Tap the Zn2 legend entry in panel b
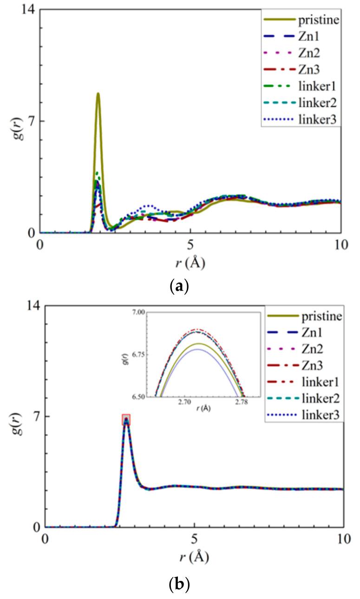click(x=301, y=348)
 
